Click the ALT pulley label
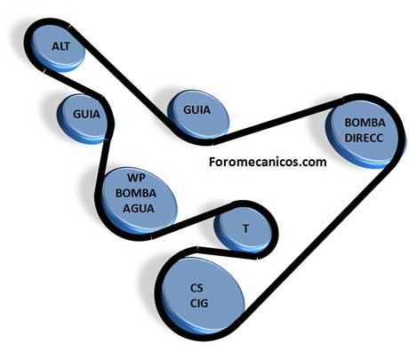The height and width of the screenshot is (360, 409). tap(60, 46)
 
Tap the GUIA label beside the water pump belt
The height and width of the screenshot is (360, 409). tap(86, 114)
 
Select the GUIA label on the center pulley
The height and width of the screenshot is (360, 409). tap(196, 110)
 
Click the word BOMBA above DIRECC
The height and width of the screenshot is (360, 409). tap(365, 123)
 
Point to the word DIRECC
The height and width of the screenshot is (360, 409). tap(364, 138)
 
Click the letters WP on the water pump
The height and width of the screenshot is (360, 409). tap(136, 178)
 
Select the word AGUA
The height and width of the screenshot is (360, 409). tap(139, 208)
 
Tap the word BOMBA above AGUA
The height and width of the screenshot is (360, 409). tap(136, 193)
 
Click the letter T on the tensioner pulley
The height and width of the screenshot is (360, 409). tap(245, 228)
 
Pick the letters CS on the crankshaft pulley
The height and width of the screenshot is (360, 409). tap(196, 288)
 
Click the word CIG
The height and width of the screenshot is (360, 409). tap(199, 303)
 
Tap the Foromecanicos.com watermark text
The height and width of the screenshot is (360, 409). tap(268, 162)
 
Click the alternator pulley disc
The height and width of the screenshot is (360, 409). tap(57, 48)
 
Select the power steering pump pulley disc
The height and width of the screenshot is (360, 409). tap(362, 134)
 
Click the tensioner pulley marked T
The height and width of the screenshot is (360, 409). tap(243, 228)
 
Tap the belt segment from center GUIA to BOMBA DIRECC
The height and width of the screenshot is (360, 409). tap(278, 121)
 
